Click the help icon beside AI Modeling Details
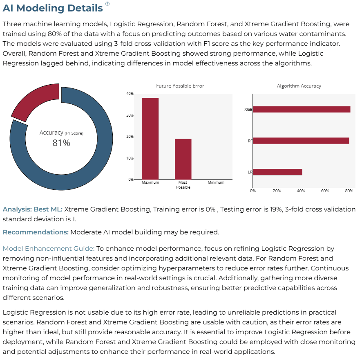(x=107, y=4)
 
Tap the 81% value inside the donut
(x=61, y=143)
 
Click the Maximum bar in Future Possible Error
(x=150, y=139)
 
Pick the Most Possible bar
(x=183, y=159)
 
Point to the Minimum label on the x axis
(x=216, y=182)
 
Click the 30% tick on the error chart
(x=130, y=115)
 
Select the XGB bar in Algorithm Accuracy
(x=302, y=109)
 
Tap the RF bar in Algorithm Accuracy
(x=301, y=141)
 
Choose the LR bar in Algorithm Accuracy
(x=277, y=172)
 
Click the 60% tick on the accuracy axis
(x=325, y=191)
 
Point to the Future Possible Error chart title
(x=180, y=86)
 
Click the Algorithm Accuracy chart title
(x=299, y=86)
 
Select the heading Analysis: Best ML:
(x=33, y=209)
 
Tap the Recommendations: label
(x=36, y=232)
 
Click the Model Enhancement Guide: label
(x=49, y=249)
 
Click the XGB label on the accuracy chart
(x=248, y=109)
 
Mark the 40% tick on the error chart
(x=130, y=94)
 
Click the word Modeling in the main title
(x=40, y=8)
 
